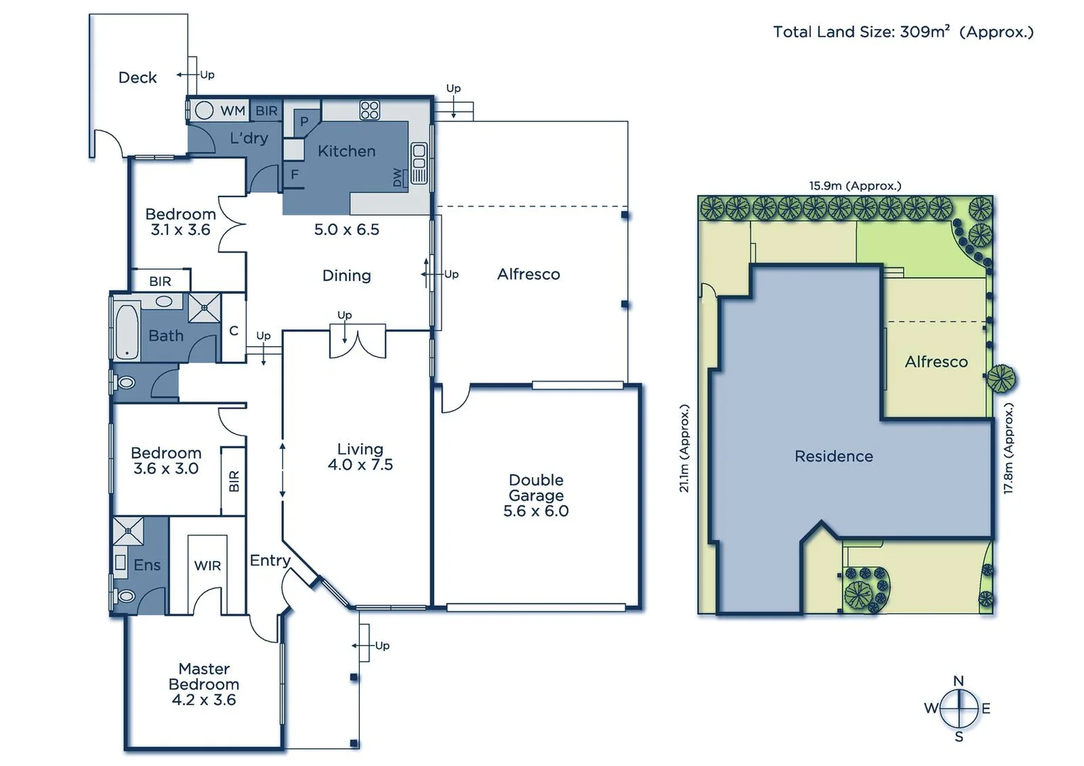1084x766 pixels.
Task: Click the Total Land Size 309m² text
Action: pos(902,32)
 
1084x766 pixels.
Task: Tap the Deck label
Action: pos(138,77)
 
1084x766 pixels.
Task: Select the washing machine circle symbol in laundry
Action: pos(204,111)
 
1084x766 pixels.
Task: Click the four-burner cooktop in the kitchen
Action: pos(370,110)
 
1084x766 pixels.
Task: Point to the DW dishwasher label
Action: pos(397,177)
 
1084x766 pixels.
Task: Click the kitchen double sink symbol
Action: pos(419,164)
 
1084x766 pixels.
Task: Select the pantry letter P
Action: pos(304,121)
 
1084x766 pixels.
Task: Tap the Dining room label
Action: pos(346,275)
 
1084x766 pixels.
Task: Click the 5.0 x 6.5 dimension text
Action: pos(346,230)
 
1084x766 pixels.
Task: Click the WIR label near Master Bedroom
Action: pos(207,565)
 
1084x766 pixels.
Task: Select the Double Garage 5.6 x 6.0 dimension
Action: pos(536,511)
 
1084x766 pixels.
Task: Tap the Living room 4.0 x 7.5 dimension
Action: pos(360,465)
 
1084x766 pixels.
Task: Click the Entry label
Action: pos(270,560)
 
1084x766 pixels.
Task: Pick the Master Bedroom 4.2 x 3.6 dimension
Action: pos(204,700)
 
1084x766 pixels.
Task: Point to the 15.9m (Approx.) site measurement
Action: pos(855,186)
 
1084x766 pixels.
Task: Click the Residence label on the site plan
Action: pos(834,456)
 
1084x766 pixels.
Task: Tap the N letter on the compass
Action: pos(958,681)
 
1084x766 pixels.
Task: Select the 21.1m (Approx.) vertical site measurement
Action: pos(684,448)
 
